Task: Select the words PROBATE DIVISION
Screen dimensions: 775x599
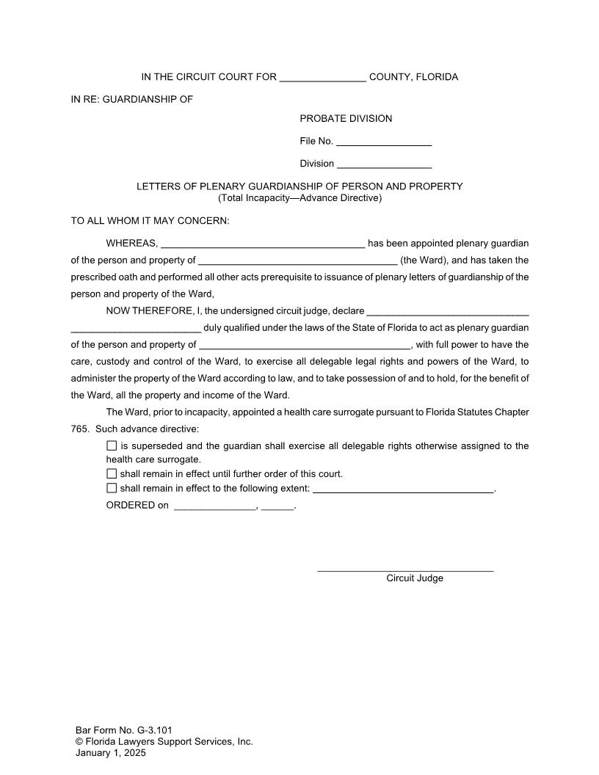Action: coord(346,119)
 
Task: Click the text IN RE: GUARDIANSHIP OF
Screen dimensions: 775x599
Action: coord(131,99)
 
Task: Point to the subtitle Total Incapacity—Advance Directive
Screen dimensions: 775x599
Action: coord(299,198)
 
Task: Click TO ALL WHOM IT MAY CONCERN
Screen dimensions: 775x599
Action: coord(150,221)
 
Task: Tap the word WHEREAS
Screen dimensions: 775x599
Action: coord(131,244)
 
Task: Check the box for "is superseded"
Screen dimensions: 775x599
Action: coord(112,445)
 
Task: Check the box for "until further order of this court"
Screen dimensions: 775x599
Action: coord(112,473)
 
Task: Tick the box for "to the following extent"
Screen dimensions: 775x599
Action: coord(112,488)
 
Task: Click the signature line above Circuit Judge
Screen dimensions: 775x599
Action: coord(405,570)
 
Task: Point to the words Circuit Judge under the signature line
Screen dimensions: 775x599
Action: coord(415,578)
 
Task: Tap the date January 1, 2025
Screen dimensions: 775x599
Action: coord(111,753)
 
